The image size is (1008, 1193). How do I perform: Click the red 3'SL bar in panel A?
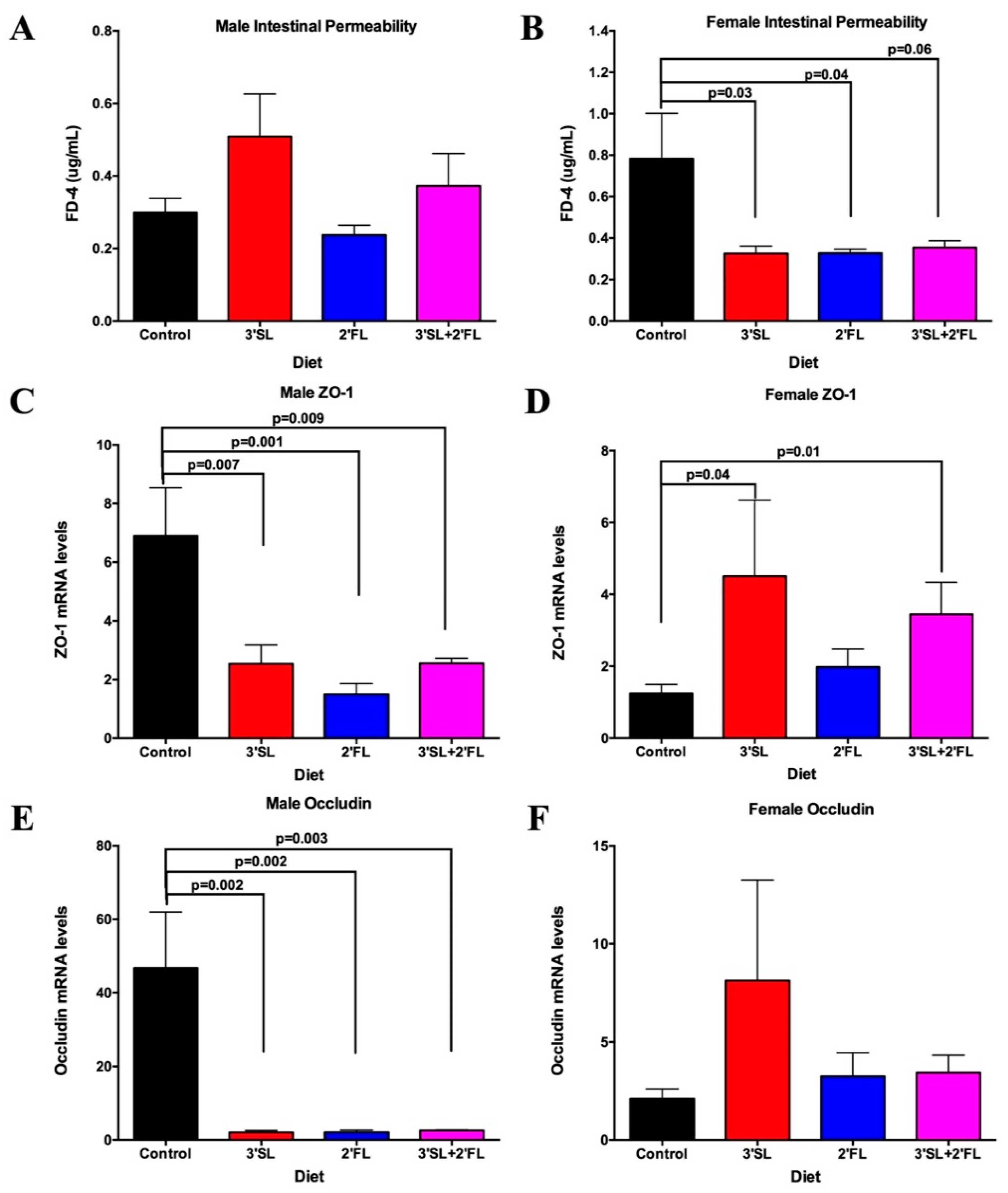coord(260,229)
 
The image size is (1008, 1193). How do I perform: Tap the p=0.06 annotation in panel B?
coord(910,50)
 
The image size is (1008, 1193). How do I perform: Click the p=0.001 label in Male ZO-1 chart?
coord(256,442)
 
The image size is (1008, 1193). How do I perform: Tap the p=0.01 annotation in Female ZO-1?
coord(798,452)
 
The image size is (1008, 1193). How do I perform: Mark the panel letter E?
coord(21,819)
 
